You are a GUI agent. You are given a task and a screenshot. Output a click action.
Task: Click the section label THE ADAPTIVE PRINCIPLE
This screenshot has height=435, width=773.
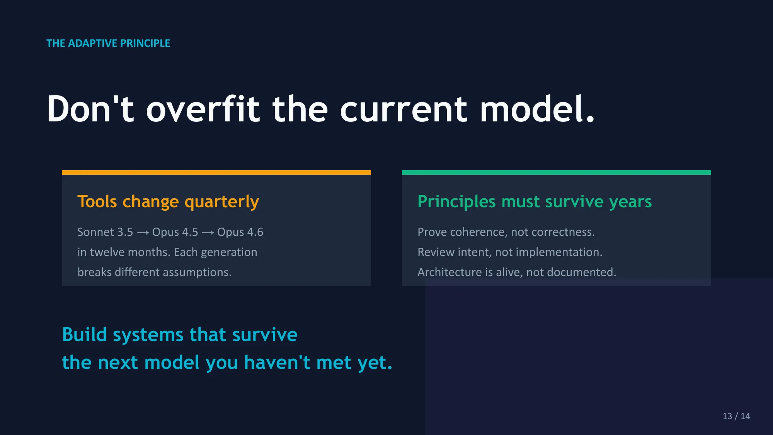(x=108, y=43)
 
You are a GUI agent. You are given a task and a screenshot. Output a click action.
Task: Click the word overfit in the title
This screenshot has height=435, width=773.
(x=203, y=109)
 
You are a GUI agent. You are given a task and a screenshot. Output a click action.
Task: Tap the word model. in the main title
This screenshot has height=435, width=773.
(x=537, y=109)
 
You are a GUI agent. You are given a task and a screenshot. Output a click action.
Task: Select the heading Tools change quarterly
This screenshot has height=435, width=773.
(x=168, y=201)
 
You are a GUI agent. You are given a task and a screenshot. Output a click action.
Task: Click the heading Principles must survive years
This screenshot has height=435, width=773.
(x=535, y=201)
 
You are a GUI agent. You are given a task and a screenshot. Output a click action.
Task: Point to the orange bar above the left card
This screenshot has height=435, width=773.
(x=216, y=172)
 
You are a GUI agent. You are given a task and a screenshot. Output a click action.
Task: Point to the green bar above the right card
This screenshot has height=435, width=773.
(x=557, y=172)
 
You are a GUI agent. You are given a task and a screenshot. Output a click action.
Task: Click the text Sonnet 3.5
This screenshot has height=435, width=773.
(x=105, y=232)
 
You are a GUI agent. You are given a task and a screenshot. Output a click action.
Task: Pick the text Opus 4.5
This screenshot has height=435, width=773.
(x=175, y=232)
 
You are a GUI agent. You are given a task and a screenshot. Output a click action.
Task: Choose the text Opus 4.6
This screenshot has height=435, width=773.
(x=240, y=232)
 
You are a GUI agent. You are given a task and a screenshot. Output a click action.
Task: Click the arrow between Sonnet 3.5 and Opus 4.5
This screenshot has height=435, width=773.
(x=143, y=232)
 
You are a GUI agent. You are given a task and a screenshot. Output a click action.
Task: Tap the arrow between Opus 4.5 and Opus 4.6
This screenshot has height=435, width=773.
(x=208, y=232)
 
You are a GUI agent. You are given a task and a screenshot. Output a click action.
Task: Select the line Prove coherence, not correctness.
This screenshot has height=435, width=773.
(x=506, y=232)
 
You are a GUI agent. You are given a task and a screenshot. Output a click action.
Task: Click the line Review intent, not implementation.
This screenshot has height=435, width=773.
(x=510, y=252)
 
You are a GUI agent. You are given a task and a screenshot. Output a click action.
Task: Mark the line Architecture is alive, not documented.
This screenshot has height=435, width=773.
(x=517, y=272)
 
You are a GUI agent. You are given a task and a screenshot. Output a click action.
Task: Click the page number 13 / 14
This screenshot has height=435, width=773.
(x=736, y=416)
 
